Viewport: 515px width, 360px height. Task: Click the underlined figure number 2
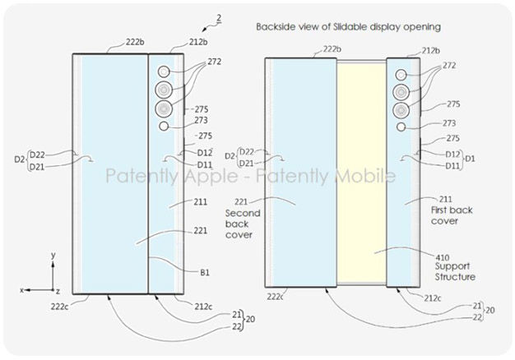tap(219, 19)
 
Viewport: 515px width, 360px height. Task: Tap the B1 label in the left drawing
tap(205, 272)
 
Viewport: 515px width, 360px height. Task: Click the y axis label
tap(53, 255)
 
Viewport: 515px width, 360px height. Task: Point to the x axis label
tap(21, 290)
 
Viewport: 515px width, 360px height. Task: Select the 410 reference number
tap(443, 257)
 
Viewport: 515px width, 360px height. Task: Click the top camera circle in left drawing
tap(164, 72)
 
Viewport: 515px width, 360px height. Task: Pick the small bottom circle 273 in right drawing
tap(401, 127)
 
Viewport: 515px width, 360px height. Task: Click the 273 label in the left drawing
tap(201, 121)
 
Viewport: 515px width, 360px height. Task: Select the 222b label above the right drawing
tap(332, 49)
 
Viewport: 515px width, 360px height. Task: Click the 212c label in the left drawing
tap(203, 307)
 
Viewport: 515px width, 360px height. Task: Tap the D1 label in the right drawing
tap(470, 159)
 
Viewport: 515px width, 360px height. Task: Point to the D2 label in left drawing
tap(20, 159)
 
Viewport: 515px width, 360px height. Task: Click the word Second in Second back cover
tap(243, 214)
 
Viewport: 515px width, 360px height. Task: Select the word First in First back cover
tap(440, 210)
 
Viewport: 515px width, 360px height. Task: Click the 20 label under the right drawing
tap(490, 310)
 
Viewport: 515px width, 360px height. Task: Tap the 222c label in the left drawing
tap(59, 307)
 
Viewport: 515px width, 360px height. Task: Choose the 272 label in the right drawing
tap(449, 66)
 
